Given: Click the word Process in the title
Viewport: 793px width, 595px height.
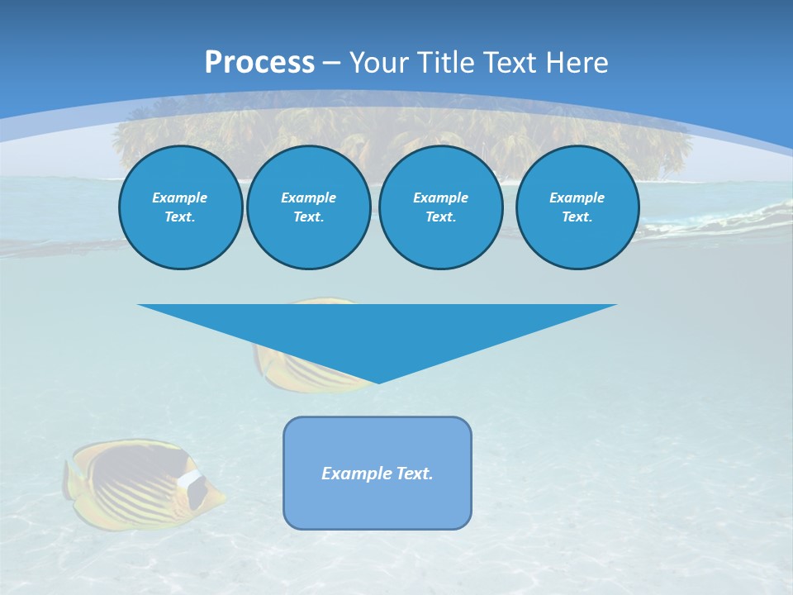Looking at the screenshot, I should [259, 63].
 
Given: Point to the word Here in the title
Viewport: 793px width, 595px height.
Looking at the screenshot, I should [576, 63].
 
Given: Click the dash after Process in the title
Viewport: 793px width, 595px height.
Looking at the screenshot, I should [332, 64].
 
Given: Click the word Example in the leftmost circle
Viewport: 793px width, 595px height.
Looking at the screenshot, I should [180, 198].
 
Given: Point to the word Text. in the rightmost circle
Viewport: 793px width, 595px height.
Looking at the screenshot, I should [577, 217].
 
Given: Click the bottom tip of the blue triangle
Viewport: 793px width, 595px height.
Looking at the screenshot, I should [378, 382].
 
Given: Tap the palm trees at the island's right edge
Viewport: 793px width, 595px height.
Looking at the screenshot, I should [661, 153].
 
